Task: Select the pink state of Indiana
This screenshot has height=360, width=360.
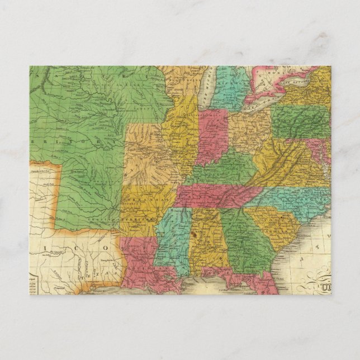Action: pos(211,137)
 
